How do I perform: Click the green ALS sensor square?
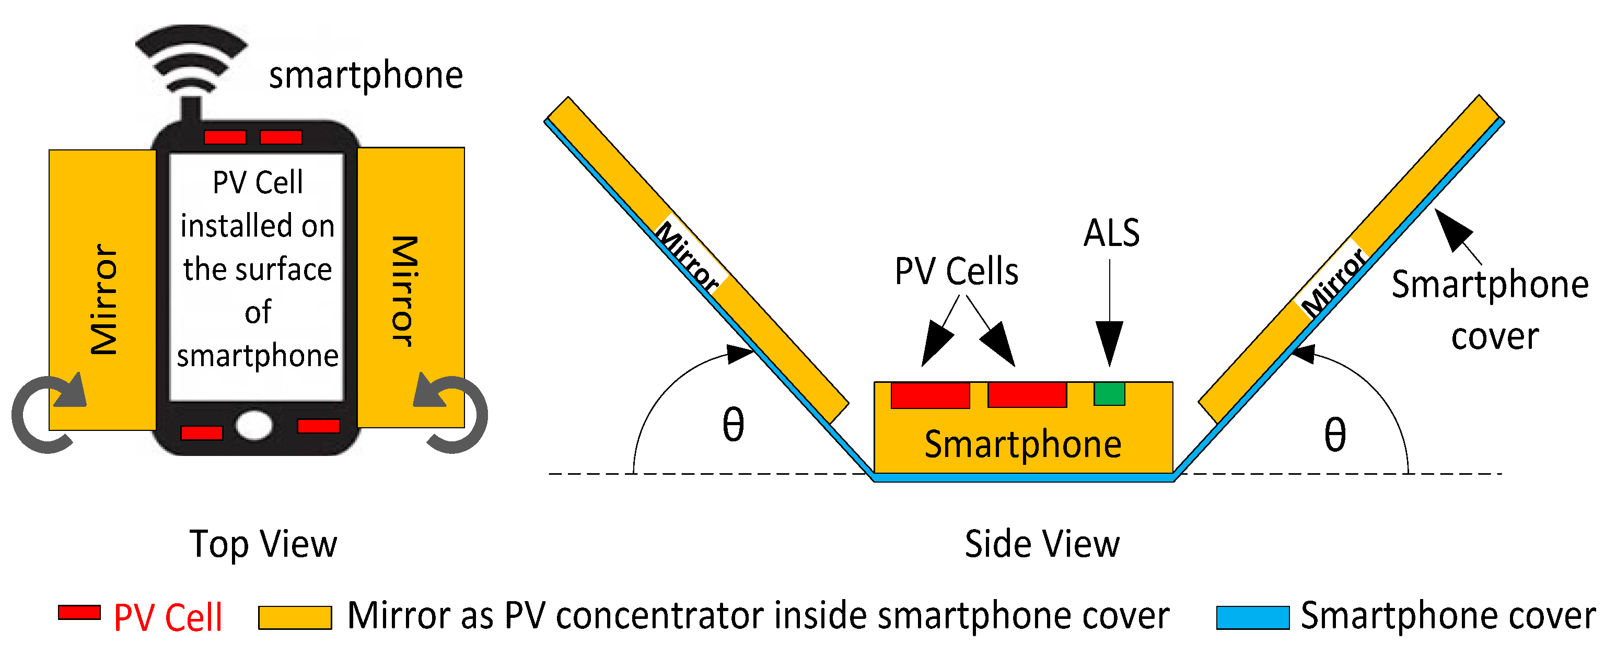point(1109,394)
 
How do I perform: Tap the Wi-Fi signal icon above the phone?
point(191,63)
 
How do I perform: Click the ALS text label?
point(1111,233)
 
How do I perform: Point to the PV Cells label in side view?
point(956,272)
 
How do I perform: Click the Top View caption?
point(263,544)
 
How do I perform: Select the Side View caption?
point(1041,544)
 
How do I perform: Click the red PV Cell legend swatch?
point(79,613)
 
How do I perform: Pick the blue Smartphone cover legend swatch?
point(1252,617)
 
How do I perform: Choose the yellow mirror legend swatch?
point(295,617)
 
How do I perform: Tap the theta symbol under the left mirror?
point(733,425)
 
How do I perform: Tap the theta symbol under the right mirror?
point(1334,435)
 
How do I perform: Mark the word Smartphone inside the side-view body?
point(1022,444)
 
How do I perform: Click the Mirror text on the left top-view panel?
point(103,300)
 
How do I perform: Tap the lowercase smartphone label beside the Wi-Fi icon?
point(366,75)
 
